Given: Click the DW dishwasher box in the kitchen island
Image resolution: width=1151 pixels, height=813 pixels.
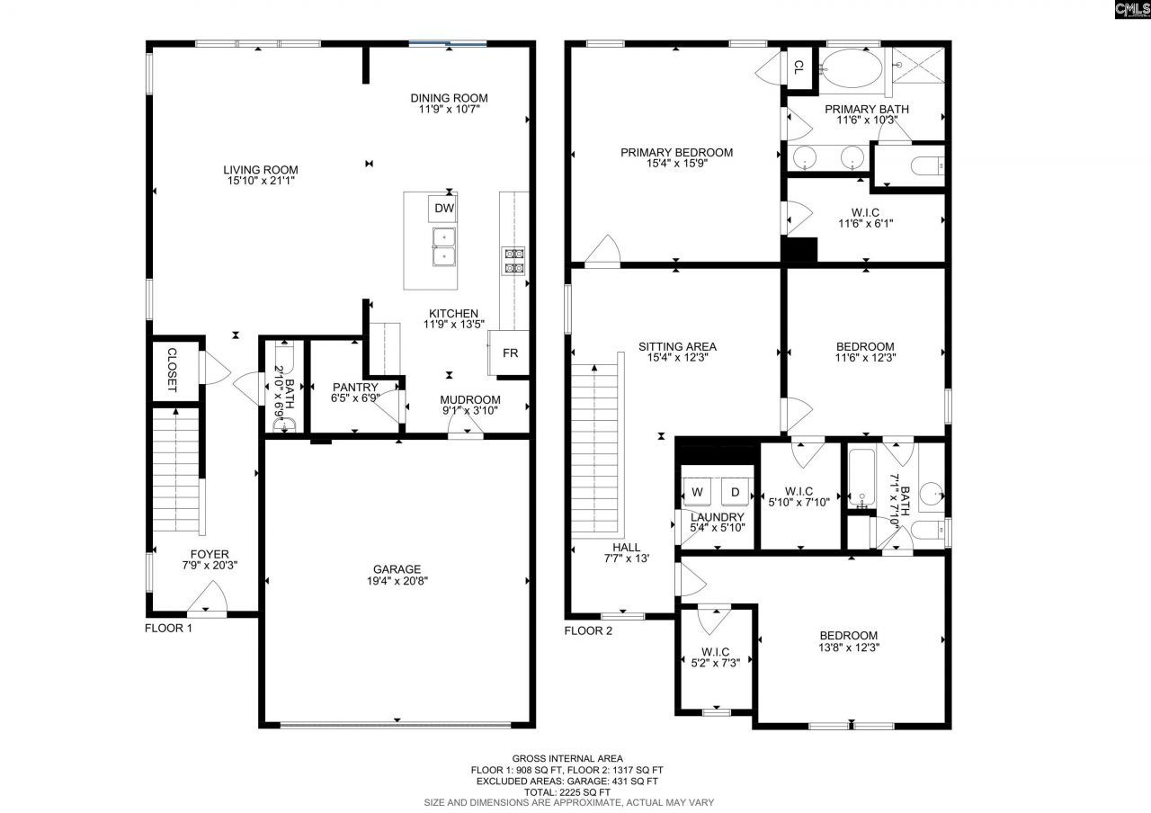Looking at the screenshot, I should click(444, 209).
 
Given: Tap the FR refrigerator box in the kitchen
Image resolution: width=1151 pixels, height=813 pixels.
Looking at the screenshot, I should click(510, 353).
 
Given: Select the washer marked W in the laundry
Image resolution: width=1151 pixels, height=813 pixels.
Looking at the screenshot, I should click(697, 492).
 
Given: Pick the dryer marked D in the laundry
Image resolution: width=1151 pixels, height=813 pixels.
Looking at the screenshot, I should click(735, 492).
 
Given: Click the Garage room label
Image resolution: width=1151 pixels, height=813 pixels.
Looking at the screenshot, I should click(397, 569).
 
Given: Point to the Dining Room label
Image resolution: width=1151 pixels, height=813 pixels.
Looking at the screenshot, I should click(449, 98).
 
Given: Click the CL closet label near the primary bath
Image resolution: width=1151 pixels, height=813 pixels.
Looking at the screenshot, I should click(799, 67).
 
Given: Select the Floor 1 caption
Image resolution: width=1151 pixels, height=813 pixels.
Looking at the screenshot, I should click(169, 629).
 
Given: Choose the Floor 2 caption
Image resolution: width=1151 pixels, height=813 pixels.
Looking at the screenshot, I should click(588, 630).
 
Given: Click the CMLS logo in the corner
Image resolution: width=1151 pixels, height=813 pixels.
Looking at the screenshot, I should click(1131, 10).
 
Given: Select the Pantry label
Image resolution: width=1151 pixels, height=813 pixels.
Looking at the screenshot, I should click(355, 387).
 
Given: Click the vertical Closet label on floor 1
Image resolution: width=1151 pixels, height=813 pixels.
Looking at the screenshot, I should click(172, 369).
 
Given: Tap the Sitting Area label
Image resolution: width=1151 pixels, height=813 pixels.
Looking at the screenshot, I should click(676, 346).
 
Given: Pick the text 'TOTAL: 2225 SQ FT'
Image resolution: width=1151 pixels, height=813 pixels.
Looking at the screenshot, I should click(568, 791).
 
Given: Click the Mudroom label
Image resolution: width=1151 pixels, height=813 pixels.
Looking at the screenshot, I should click(469, 400).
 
